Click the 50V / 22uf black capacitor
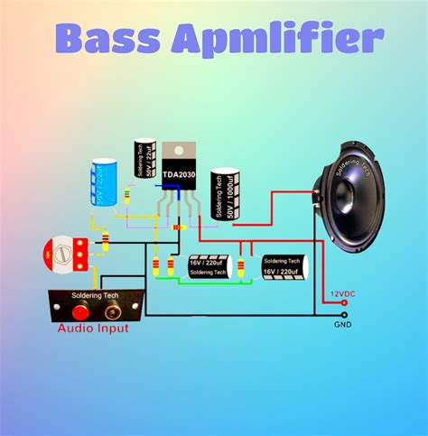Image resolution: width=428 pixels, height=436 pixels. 144,158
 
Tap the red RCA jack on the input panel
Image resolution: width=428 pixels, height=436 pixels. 80,311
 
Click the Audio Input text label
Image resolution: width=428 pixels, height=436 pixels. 92,329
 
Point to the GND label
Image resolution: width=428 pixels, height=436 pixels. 342,323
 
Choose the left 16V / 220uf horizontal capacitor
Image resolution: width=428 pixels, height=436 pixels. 210,265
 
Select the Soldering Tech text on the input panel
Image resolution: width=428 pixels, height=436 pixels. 97,295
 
